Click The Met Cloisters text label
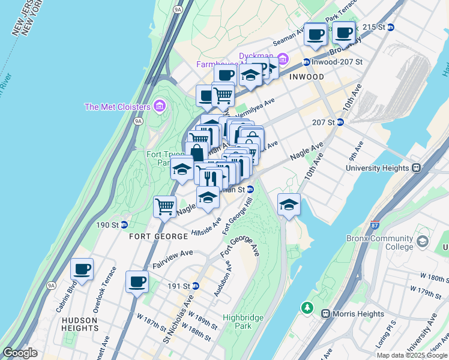(117, 107)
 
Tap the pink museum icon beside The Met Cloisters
(159, 107)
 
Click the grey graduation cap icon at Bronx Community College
(423, 242)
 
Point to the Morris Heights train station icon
(325, 314)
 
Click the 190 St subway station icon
(124, 225)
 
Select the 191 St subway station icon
(212, 286)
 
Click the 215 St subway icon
(391, 27)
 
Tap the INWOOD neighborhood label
(307, 77)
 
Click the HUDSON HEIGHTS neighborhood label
(80, 324)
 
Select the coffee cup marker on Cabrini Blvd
(82, 269)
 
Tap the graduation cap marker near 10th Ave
(289, 204)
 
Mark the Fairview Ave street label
(172, 259)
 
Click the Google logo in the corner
(20, 353)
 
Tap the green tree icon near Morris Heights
(307, 308)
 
